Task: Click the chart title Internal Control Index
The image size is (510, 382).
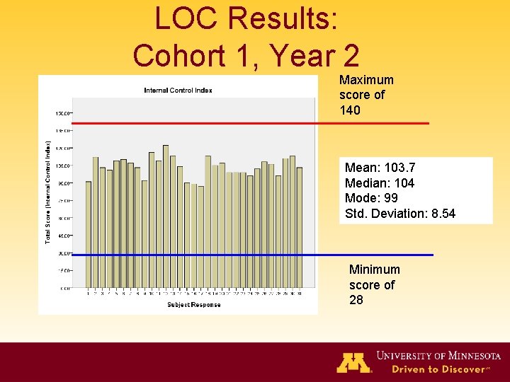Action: click(x=178, y=90)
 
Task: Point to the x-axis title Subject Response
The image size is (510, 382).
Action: click(x=193, y=305)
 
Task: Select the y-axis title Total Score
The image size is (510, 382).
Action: click(x=48, y=192)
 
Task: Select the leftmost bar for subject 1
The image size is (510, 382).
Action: click(x=89, y=234)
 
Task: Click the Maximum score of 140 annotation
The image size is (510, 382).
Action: click(x=366, y=95)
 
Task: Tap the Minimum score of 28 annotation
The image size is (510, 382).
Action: click(x=374, y=284)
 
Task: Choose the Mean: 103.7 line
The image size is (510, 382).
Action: click(x=380, y=168)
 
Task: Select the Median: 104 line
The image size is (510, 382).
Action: click(x=379, y=183)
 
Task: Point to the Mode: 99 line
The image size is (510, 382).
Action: click(x=370, y=198)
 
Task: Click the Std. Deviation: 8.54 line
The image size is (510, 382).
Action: click(x=399, y=214)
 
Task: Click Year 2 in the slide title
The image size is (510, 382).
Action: click(x=322, y=55)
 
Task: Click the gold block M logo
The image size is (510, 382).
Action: click(x=353, y=361)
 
